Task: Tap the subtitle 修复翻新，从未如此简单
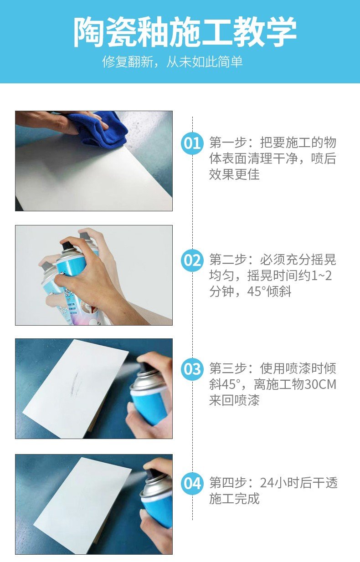click(x=172, y=62)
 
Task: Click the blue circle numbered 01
click(x=192, y=143)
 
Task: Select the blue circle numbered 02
click(x=192, y=261)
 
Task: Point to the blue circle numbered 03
click(x=192, y=369)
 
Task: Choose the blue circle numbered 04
click(x=192, y=484)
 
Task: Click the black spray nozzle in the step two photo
click(x=67, y=245)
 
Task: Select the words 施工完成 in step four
click(x=235, y=499)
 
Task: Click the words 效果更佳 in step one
click(x=235, y=174)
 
